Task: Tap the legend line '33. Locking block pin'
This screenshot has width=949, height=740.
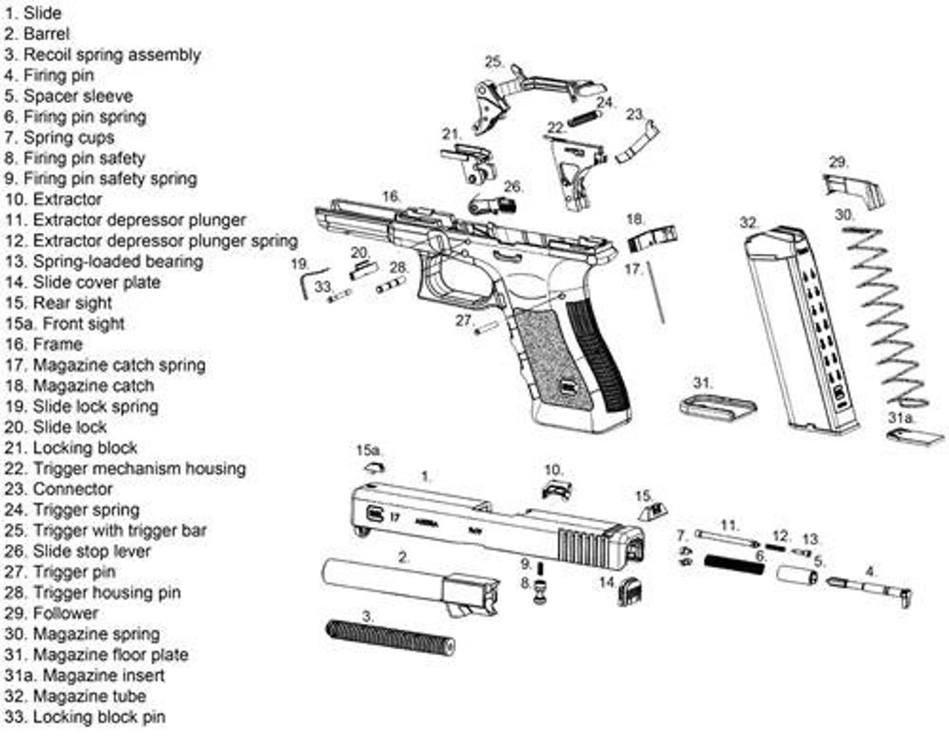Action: click(85, 717)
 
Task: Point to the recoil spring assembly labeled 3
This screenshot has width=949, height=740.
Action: click(389, 636)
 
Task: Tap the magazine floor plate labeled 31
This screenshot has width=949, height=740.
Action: click(718, 408)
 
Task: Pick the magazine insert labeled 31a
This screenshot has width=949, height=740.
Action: click(915, 437)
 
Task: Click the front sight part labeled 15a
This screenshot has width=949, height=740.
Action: click(374, 467)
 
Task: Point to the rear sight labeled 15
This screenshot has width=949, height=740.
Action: click(653, 511)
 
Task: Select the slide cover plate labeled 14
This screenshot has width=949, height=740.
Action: click(631, 591)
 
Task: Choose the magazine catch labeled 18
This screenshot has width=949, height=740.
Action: click(652, 236)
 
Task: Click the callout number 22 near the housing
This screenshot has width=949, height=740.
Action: click(555, 128)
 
